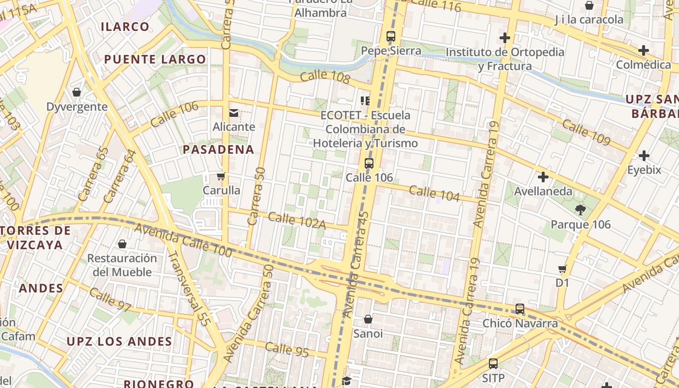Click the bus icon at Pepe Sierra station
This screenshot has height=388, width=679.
pos(391,36)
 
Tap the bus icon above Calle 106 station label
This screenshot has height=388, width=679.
pos(369,163)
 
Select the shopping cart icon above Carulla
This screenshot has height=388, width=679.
pos(221,176)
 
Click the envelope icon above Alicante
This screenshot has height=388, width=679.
pos(234,113)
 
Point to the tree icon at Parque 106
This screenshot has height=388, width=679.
pos(580,210)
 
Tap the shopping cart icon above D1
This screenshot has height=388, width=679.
pos(563,268)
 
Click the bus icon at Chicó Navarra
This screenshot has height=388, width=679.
pos(520,309)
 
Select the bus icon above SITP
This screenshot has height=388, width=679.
pos(493,363)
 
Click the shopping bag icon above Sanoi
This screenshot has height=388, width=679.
pos(368,319)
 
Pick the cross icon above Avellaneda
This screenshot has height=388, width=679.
pos(543,177)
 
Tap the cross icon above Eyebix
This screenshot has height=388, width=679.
pos(644,156)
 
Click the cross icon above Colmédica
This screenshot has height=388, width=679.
pos(644,50)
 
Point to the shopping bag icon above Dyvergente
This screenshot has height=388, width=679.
pos(77,92)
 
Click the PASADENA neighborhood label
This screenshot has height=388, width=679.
pos(218,150)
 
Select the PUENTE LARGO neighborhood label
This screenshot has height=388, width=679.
pos(155,60)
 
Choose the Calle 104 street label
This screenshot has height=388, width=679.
pos(434,193)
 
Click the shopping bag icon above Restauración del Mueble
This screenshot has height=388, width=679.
pos(122,244)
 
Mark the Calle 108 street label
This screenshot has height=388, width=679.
pos(324,77)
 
